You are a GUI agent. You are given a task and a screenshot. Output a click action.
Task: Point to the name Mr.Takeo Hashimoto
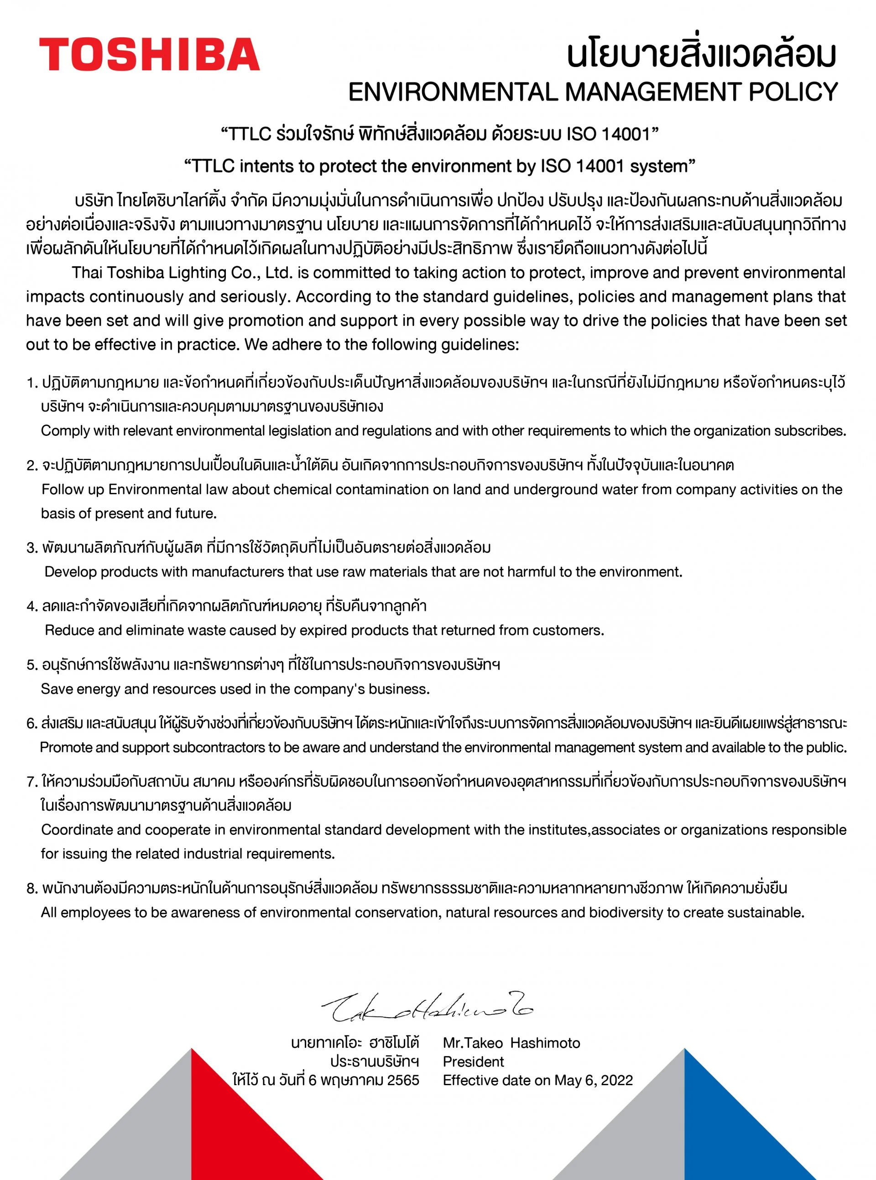point(511,1043)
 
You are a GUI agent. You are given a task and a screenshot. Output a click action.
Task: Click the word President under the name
point(473,1061)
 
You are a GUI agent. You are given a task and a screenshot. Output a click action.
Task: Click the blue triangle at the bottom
point(737,1128)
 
